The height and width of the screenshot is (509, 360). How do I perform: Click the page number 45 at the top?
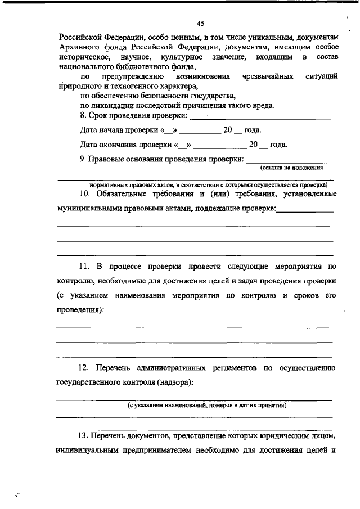[x=200, y=23]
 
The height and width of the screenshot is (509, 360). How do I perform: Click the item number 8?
[x=83, y=115]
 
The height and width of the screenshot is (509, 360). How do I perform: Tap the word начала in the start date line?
[x=112, y=130]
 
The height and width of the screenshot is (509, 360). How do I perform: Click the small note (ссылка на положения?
[x=291, y=168]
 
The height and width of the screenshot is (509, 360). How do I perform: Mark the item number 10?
[x=84, y=194]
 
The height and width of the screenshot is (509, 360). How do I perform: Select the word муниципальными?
[x=90, y=209]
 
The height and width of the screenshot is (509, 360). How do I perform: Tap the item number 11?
[x=84, y=265]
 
